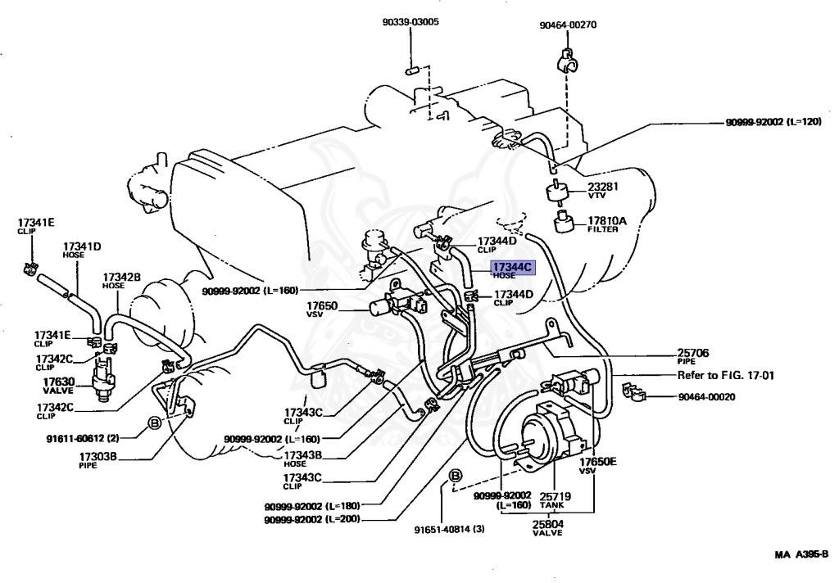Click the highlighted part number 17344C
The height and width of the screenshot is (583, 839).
[513, 267]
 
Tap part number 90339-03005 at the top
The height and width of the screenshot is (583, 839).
[410, 22]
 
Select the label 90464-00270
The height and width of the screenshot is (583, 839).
[568, 25]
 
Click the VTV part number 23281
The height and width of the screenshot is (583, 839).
[603, 186]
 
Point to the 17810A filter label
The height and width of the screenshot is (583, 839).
[607, 220]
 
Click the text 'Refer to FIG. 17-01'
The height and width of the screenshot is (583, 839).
[726, 375]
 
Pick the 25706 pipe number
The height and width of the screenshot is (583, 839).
[693, 352]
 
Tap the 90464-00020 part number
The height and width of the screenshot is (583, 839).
[706, 397]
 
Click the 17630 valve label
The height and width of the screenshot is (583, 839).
[59, 382]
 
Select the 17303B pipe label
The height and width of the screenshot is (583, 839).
[98, 456]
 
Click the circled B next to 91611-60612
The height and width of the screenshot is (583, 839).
[154, 423]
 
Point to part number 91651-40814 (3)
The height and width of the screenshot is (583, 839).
[450, 530]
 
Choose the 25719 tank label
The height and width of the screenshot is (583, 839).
[555, 496]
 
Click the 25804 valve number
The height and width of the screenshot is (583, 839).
[548, 523]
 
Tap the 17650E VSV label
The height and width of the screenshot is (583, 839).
[597, 462]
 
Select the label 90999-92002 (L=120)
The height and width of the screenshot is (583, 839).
[773, 122]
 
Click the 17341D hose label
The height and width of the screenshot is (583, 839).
[82, 246]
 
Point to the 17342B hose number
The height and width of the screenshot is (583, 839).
[121, 277]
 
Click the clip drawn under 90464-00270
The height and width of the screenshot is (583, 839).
[568, 61]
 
